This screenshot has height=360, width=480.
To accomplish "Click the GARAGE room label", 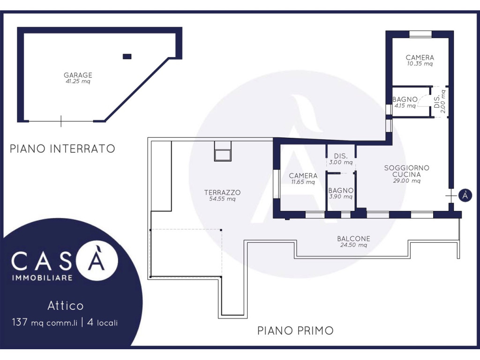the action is (x=78, y=75).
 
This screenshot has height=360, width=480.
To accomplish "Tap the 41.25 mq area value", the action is (x=78, y=82).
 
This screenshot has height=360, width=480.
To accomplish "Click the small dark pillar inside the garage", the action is (x=127, y=56).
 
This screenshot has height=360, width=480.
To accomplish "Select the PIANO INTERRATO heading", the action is (x=62, y=149).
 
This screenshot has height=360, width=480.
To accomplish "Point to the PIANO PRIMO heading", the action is (x=295, y=330).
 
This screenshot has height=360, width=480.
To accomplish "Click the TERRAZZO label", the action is (x=222, y=193).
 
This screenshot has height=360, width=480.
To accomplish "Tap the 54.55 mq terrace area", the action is (x=222, y=199).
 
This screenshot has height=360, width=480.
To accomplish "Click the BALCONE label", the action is (x=353, y=239).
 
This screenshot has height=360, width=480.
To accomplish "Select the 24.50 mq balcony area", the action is (x=353, y=245).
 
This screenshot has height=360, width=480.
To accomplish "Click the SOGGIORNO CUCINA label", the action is (x=406, y=171).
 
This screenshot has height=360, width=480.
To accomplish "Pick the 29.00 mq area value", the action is (x=406, y=180).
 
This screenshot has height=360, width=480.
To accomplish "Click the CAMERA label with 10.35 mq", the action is (x=420, y=57).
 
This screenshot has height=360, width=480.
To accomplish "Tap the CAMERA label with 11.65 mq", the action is (x=303, y=176).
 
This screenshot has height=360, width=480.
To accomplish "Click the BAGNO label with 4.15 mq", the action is (x=405, y=99).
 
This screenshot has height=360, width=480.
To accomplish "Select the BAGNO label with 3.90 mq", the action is (x=341, y=190).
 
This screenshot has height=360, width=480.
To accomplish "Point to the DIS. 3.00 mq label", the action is (x=341, y=159).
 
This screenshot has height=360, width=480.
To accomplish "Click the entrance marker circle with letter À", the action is (x=465, y=195).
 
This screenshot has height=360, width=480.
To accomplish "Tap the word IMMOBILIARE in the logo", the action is (x=42, y=278).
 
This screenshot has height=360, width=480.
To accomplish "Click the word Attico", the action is (x=66, y=306).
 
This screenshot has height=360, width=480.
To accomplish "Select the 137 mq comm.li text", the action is (x=45, y=322).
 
